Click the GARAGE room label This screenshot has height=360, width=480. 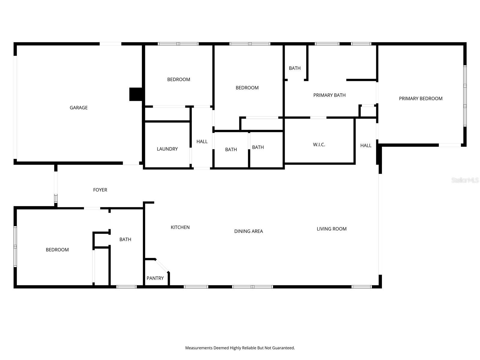(79, 107)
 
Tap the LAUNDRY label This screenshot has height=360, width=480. (167, 149)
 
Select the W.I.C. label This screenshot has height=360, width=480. (319, 145)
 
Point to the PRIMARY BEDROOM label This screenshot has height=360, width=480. (421, 98)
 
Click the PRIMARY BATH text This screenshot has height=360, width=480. (329, 95)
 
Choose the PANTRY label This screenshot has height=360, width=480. (155, 278)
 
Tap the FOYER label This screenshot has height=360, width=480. (100, 190)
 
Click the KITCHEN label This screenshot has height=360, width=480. (180, 227)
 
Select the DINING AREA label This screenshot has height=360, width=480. (248, 231)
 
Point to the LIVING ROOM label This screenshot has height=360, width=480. (331, 229)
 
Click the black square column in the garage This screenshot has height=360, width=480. (136, 94)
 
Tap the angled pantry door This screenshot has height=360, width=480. (162, 266)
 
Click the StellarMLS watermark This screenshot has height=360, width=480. (465, 180)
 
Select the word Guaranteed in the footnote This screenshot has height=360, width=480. (283, 348)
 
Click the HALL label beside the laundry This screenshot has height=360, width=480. (202, 141)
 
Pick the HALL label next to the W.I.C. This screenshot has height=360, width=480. (366, 145)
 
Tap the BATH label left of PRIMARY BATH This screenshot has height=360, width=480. (295, 68)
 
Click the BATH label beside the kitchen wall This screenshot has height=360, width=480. (125, 239)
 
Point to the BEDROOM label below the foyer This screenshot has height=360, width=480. (57, 250)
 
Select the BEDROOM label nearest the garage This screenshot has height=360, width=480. (178, 79)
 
